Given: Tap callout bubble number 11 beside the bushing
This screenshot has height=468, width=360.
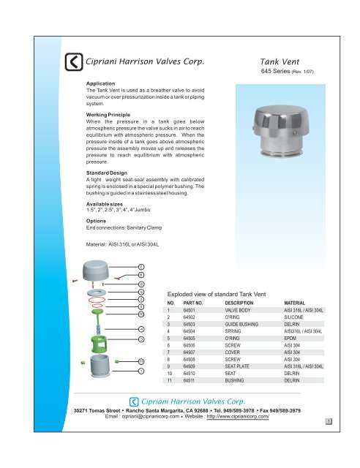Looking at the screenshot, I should point(141,361).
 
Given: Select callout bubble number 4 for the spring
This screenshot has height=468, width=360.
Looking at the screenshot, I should point(141,329).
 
